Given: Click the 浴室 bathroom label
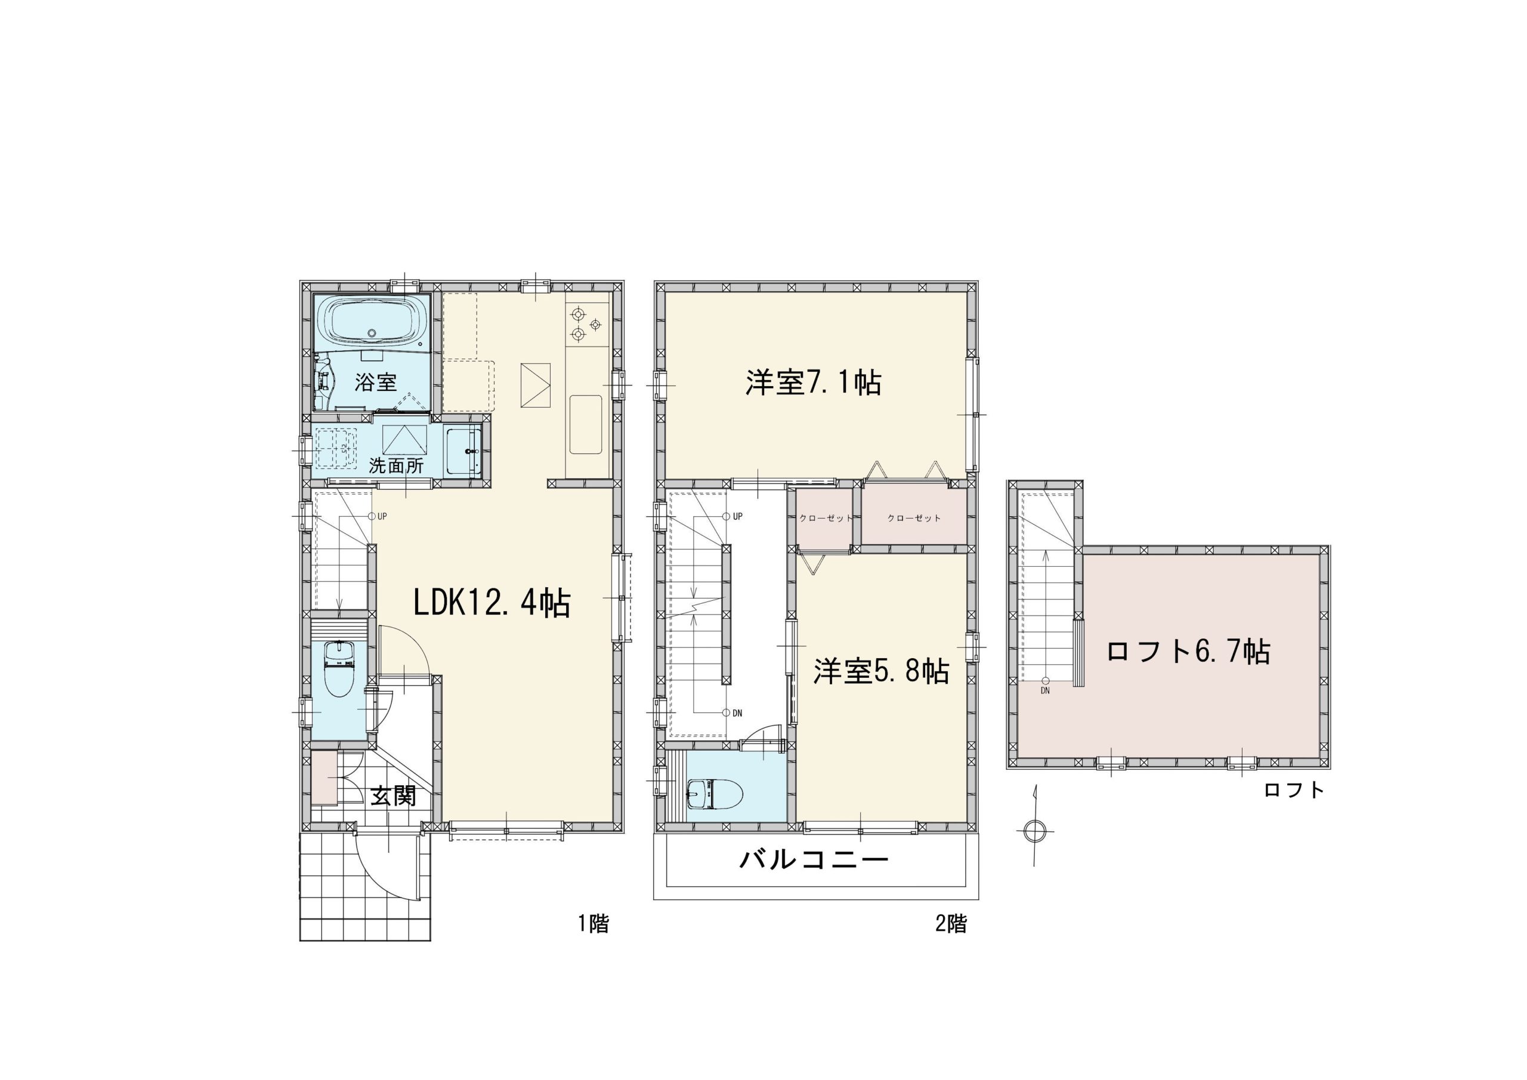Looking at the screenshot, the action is [x=376, y=382].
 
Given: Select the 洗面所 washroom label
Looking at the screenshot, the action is [x=397, y=466].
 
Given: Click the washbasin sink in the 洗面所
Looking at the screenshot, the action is [x=463, y=450].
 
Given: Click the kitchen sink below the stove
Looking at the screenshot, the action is [x=586, y=425].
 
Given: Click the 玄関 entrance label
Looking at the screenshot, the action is [x=393, y=796].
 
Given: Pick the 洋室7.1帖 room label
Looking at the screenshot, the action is [x=814, y=382].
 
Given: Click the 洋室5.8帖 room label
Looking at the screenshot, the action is [x=881, y=672].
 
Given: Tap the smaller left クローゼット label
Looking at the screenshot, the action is [x=826, y=518].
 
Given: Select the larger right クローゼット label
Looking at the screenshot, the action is [x=914, y=518].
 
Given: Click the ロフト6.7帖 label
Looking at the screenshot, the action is [x=1188, y=651].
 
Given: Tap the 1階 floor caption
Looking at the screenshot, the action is [x=594, y=924].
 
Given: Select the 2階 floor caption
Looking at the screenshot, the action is [x=951, y=924].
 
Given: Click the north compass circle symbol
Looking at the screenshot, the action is [x=1034, y=830].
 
